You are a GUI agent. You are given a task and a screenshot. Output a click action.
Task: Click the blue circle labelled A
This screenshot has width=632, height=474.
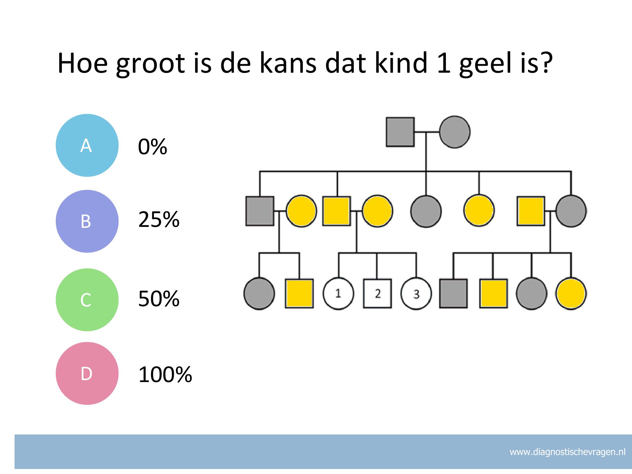click(87, 145)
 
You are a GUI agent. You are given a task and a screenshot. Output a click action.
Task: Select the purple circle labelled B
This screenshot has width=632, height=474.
click(87, 221)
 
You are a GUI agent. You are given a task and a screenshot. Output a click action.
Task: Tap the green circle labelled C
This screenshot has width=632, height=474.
click(87, 300)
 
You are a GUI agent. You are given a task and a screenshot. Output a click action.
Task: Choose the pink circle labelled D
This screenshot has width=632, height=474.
click(87, 374)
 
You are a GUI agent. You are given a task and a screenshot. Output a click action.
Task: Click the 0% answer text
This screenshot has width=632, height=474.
click(152, 147)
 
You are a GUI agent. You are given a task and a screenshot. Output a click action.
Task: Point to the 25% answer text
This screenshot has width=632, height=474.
click(159, 219)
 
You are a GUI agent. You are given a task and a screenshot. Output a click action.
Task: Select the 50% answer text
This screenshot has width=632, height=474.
click(159, 299)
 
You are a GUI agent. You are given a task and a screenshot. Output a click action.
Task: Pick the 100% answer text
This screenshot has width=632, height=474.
click(165, 374)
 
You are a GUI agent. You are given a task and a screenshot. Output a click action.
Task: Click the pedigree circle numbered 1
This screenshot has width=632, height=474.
click(338, 294)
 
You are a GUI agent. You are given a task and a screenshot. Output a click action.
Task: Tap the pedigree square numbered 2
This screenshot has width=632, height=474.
click(377, 294)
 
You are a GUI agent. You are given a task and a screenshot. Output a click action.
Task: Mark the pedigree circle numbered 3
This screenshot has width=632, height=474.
click(416, 294)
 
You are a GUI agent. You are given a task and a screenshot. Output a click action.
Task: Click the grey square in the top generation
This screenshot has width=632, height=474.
click(400, 132)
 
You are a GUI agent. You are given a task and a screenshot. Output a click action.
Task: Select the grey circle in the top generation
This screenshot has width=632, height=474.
click(455, 132)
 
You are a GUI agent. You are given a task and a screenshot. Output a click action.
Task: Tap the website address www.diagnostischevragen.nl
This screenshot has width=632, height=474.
click(568, 452)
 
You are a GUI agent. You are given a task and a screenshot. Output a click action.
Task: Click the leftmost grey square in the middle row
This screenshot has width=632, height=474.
click(260, 211)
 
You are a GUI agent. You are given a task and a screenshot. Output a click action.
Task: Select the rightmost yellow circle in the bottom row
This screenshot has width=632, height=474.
click(571, 294)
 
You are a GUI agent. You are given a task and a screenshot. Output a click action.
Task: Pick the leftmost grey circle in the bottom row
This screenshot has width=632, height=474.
click(259, 294)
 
